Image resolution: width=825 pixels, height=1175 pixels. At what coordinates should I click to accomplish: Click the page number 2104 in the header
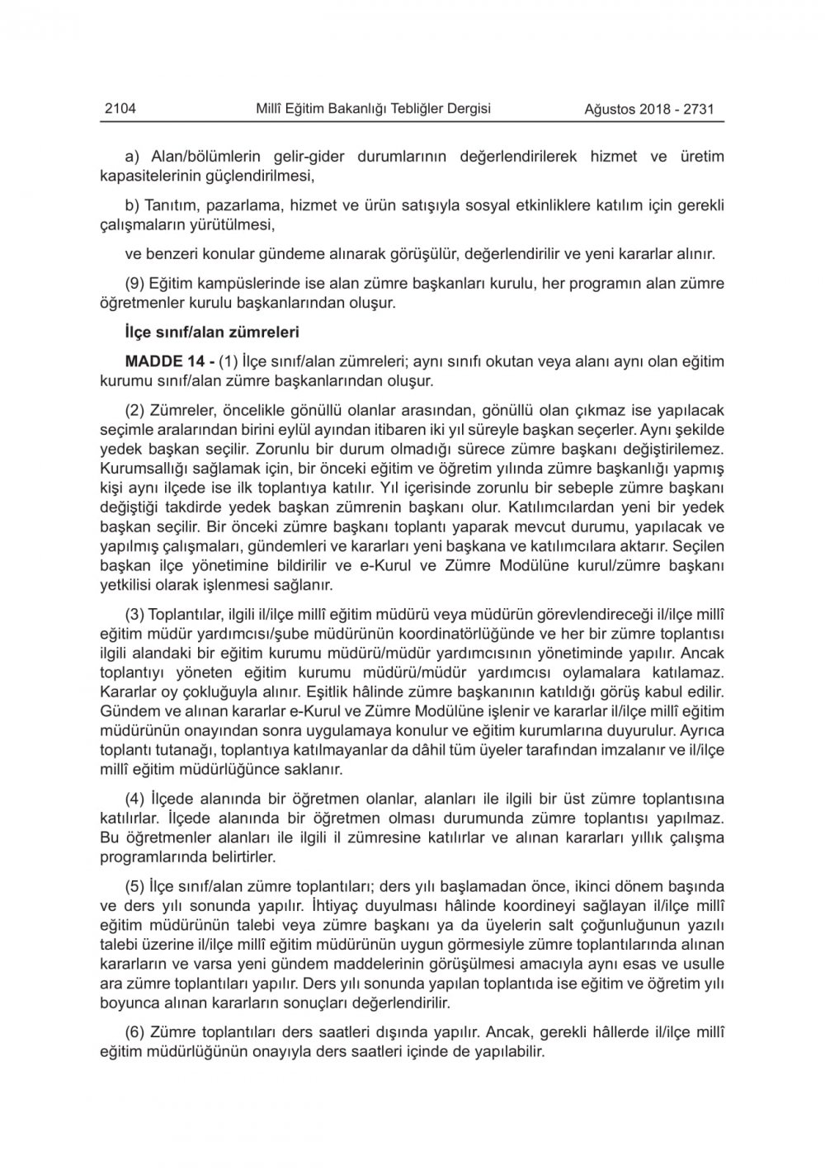click(120, 108)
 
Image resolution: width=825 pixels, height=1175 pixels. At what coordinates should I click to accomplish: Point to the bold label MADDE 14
click(160, 361)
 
